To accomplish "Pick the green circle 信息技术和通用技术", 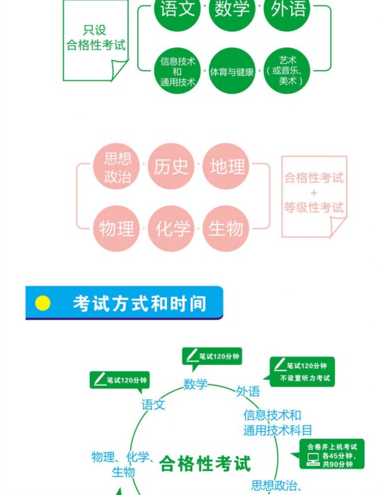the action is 177,71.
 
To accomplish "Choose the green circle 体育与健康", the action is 232,71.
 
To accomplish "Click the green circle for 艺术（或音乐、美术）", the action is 287,71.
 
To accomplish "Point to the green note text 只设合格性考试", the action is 96,38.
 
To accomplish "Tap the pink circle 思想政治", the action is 116,166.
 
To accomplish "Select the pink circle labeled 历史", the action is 171,166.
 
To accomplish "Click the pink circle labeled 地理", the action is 226,166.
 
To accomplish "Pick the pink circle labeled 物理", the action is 116,229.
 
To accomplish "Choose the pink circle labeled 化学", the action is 171,229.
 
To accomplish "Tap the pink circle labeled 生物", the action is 226,229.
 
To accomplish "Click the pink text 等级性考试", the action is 314,208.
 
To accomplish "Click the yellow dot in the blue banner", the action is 42,303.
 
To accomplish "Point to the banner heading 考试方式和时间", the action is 139,303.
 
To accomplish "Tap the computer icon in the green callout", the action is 313,460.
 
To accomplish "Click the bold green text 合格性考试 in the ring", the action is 205,464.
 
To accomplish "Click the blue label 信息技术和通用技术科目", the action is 278,423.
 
